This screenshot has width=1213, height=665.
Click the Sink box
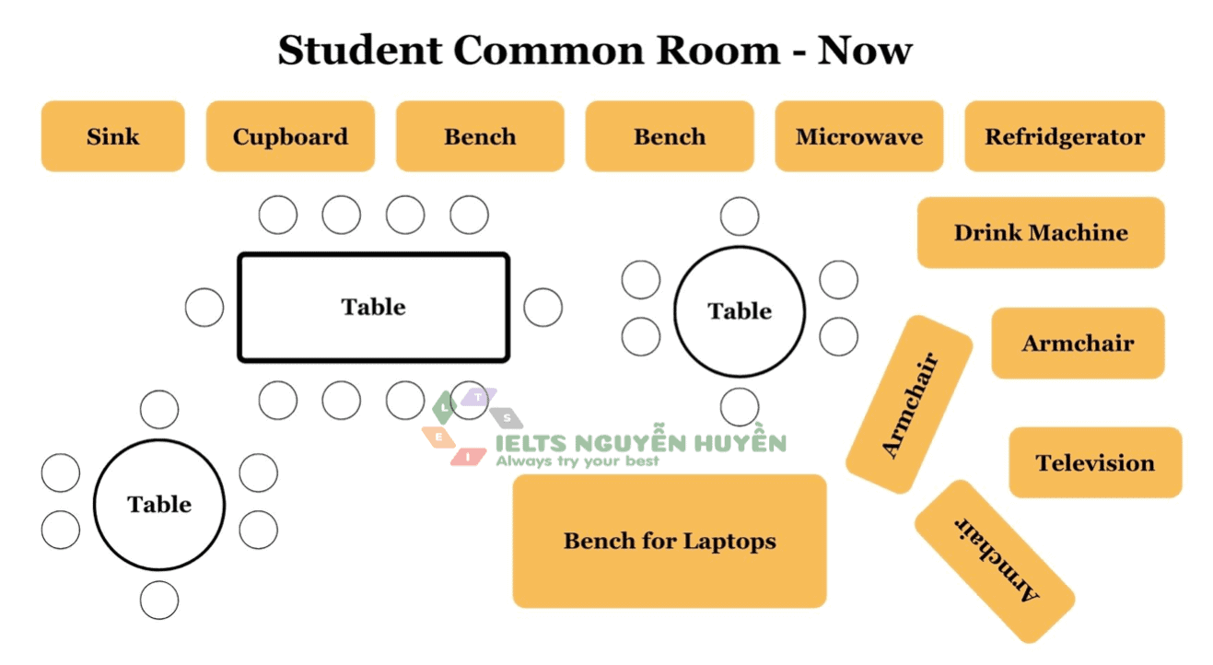tap(112, 136)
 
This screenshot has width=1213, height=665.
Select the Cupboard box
tap(290, 136)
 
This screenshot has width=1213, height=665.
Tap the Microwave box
tap(858, 136)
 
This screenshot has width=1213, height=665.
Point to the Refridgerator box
tap(1064, 136)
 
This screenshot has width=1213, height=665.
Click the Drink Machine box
tap(1041, 232)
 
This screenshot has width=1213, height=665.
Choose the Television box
tap(1094, 462)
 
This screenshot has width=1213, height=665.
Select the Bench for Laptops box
tap(670, 541)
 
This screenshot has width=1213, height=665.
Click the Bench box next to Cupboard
tap(480, 136)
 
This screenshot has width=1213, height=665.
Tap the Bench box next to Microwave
tap(670, 136)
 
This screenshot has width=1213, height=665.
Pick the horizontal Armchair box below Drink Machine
tap(1078, 343)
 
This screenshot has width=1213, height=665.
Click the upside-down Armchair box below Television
tap(995, 561)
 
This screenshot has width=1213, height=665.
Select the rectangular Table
tap(373, 307)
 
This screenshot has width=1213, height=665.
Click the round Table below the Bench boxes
tap(740, 311)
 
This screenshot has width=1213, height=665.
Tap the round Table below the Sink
tap(159, 504)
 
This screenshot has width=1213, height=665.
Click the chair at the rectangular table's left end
tap(204, 308)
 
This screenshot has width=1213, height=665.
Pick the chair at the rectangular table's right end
tap(542, 308)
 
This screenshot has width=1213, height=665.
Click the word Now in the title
tap(865, 50)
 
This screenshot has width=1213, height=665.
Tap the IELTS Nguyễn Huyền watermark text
tap(640, 443)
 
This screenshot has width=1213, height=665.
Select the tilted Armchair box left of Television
tap(909, 404)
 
